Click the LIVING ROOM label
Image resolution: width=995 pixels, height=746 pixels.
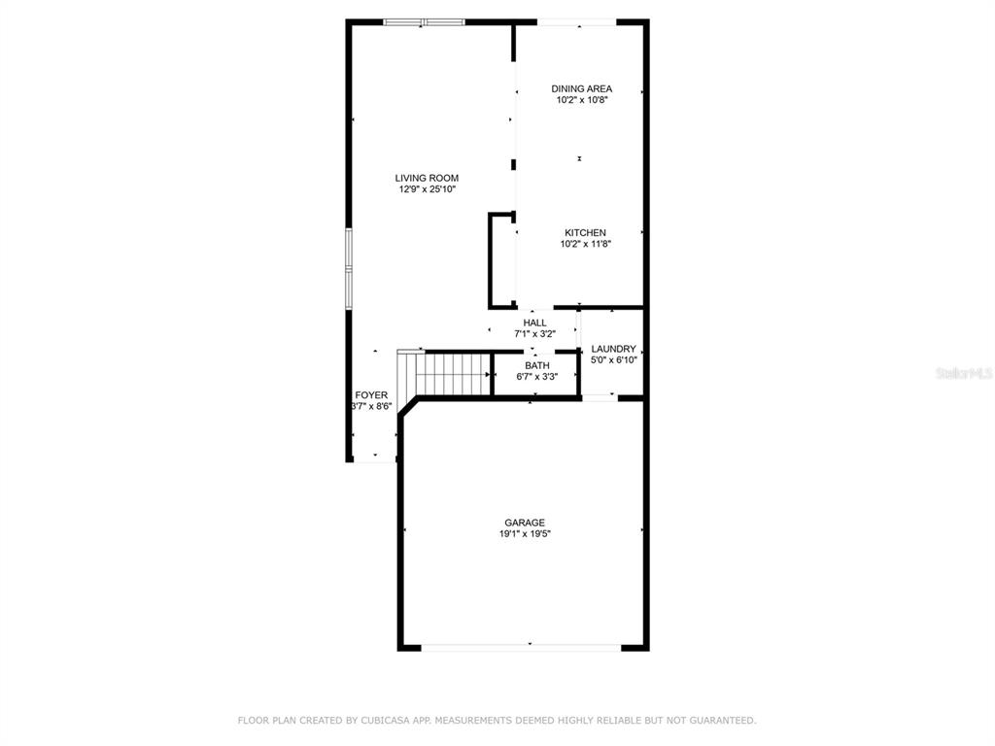pos(427,179)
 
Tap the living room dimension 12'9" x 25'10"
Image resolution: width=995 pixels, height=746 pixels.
pos(428,189)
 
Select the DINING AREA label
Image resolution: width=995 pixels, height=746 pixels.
pos(581,88)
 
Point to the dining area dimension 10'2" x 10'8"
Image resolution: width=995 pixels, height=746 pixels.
pos(582,100)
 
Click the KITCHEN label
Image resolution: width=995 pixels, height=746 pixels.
pos(585,233)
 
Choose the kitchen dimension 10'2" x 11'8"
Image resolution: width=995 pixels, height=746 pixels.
pos(585,244)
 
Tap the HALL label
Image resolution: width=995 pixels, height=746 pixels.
pos(535,322)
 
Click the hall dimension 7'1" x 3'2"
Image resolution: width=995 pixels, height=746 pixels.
pos(535,334)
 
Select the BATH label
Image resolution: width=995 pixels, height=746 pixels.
pos(536,365)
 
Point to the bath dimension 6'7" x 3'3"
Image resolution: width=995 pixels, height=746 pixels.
pos(536,376)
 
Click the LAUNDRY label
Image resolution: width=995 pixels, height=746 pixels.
pos(614,349)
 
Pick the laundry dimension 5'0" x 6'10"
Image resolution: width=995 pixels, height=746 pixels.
pos(614,359)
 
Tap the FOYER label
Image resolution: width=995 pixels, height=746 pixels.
pos(371,395)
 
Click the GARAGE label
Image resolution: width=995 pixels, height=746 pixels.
pos(525,523)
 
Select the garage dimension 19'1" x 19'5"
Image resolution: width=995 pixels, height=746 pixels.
pos(525,533)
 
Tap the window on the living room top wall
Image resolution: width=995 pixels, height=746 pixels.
pos(424,22)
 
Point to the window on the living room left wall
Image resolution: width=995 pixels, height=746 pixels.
pos(349,268)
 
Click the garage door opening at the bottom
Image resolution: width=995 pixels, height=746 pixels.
pos(521,648)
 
